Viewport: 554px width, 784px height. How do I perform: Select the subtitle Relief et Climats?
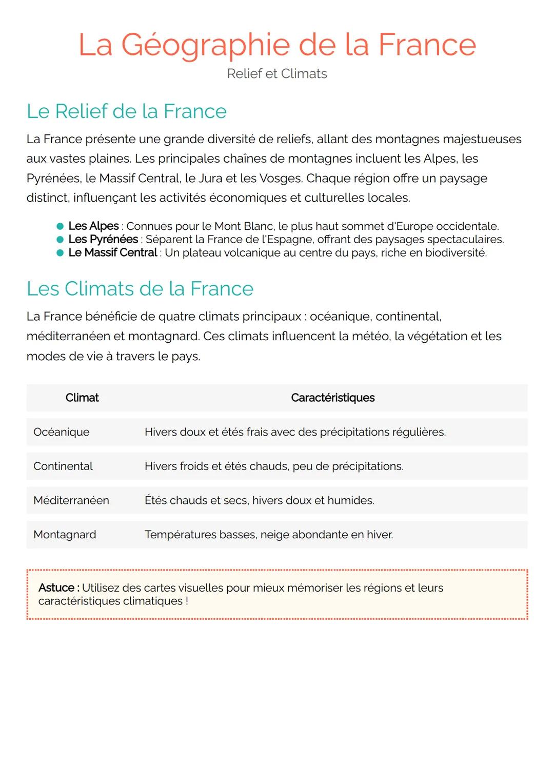tap(277, 74)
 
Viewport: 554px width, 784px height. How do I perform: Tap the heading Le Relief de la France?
tap(126, 111)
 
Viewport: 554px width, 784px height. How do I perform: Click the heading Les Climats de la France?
tap(140, 289)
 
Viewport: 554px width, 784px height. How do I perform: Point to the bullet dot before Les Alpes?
tap(60, 226)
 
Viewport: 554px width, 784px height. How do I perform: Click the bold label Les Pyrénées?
tap(103, 239)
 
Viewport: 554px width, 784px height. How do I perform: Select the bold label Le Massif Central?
tap(113, 252)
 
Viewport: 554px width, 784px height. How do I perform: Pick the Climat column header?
tap(82, 398)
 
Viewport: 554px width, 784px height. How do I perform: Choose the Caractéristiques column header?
tap(332, 398)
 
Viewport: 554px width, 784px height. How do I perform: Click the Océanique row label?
tap(61, 432)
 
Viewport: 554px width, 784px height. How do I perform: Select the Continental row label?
tap(63, 466)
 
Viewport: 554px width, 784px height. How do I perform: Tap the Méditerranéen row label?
tap(71, 500)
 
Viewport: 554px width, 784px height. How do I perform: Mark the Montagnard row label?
tap(65, 535)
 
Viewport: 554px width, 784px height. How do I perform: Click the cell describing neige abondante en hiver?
tap(269, 535)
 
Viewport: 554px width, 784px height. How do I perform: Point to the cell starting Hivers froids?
tap(273, 466)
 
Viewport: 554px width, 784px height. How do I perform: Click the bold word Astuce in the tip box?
tap(56, 588)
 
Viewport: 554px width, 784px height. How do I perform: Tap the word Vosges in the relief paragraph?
tap(281, 179)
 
